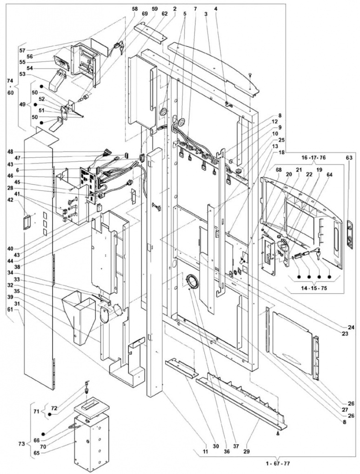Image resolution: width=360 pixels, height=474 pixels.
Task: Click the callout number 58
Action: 134,8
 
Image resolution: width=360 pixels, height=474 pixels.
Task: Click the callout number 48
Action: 10,151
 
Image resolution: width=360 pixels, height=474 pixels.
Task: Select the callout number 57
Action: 21,49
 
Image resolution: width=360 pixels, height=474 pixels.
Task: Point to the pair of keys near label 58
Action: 118,46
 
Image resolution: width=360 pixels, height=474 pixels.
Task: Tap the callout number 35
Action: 10,292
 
